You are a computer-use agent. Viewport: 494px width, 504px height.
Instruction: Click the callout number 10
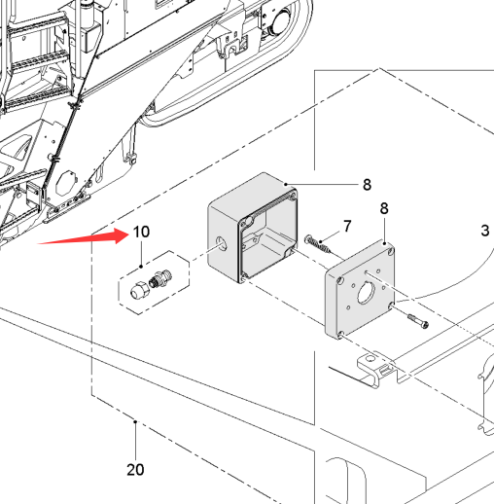point(141,232)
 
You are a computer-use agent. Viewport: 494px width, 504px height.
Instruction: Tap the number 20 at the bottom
point(135,470)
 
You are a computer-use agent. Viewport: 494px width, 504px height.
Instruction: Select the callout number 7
point(347,226)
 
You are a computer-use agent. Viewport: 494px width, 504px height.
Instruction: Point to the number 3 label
point(485,231)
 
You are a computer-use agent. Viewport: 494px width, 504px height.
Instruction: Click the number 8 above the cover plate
point(384,208)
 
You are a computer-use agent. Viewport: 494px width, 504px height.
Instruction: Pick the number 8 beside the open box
point(367,185)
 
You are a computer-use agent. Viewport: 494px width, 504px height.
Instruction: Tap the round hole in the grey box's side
point(221,244)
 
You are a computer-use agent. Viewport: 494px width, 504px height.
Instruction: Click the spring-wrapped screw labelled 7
point(318,244)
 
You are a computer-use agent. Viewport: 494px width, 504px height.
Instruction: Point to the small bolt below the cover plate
point(418,321)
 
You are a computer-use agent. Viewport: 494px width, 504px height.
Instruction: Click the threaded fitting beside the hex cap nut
point(160,278)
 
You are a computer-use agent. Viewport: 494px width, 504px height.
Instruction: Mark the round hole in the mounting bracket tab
point(370,359)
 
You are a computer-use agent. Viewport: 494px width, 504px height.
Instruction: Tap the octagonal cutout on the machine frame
point(65,183)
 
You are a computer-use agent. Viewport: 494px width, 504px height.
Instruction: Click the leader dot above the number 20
point(135,421)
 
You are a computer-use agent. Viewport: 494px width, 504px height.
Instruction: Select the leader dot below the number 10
point(141,267)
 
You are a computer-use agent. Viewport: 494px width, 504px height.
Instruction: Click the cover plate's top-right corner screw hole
point(391,251)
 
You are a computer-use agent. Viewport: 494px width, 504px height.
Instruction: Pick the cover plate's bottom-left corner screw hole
point(340,334)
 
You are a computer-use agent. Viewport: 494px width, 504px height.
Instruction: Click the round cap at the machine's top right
point(281,20)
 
